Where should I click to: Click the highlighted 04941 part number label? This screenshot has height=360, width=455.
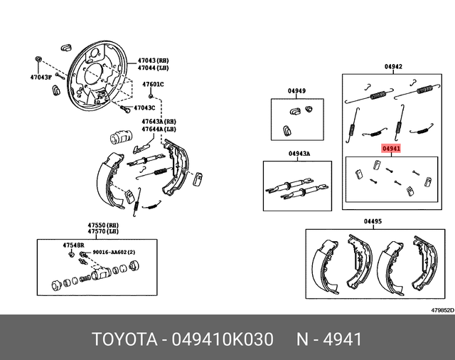391,149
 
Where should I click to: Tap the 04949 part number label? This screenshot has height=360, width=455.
296,91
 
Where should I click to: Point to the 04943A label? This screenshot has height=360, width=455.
299,154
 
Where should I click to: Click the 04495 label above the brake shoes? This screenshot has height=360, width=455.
373,222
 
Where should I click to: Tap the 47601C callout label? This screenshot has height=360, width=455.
153,85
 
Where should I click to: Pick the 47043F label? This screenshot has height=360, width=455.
41,76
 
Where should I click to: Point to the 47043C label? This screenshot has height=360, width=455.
144,108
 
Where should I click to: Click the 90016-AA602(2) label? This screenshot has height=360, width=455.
112,253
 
